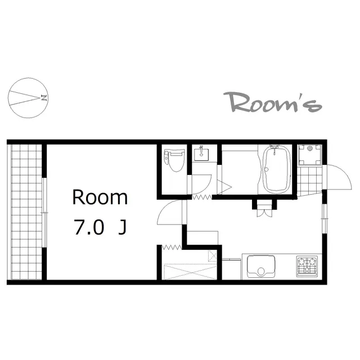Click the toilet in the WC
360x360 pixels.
174,160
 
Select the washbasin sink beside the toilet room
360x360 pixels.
201,155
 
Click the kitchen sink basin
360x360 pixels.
261,267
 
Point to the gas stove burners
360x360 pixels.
307,266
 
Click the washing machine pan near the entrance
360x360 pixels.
310,155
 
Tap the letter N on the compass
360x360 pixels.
44,98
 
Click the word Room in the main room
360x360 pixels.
100,197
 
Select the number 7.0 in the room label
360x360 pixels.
89,227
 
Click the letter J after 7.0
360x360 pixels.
123,227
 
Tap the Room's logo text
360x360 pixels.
272,102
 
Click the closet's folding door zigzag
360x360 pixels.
172,247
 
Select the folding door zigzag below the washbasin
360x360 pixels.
202,197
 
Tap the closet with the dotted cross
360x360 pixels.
190,265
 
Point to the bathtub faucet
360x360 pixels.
274,148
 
